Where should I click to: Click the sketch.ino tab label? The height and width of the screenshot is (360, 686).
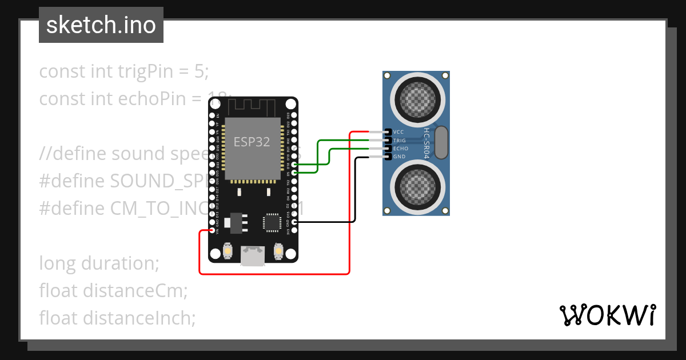tap(101, 25)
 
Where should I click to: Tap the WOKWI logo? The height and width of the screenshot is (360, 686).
tap(607, 315)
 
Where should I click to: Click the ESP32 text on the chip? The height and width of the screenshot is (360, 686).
tap(252, 142)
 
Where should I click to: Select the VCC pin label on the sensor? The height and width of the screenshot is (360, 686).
tap(399, 132)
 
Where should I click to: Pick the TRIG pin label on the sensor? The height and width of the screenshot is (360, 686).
tap(400, 140)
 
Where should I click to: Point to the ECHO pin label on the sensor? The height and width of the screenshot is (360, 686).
tap(400, 149)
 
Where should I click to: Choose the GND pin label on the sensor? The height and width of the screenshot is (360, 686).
tap(399, 157)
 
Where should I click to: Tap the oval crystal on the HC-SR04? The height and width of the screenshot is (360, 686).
tap(441, 143)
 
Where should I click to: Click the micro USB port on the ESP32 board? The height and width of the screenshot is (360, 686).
tap(253, 255)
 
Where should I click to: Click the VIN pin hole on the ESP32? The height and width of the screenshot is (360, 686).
tap(213, 231)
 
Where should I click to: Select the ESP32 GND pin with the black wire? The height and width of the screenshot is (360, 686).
tap(294, 222)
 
